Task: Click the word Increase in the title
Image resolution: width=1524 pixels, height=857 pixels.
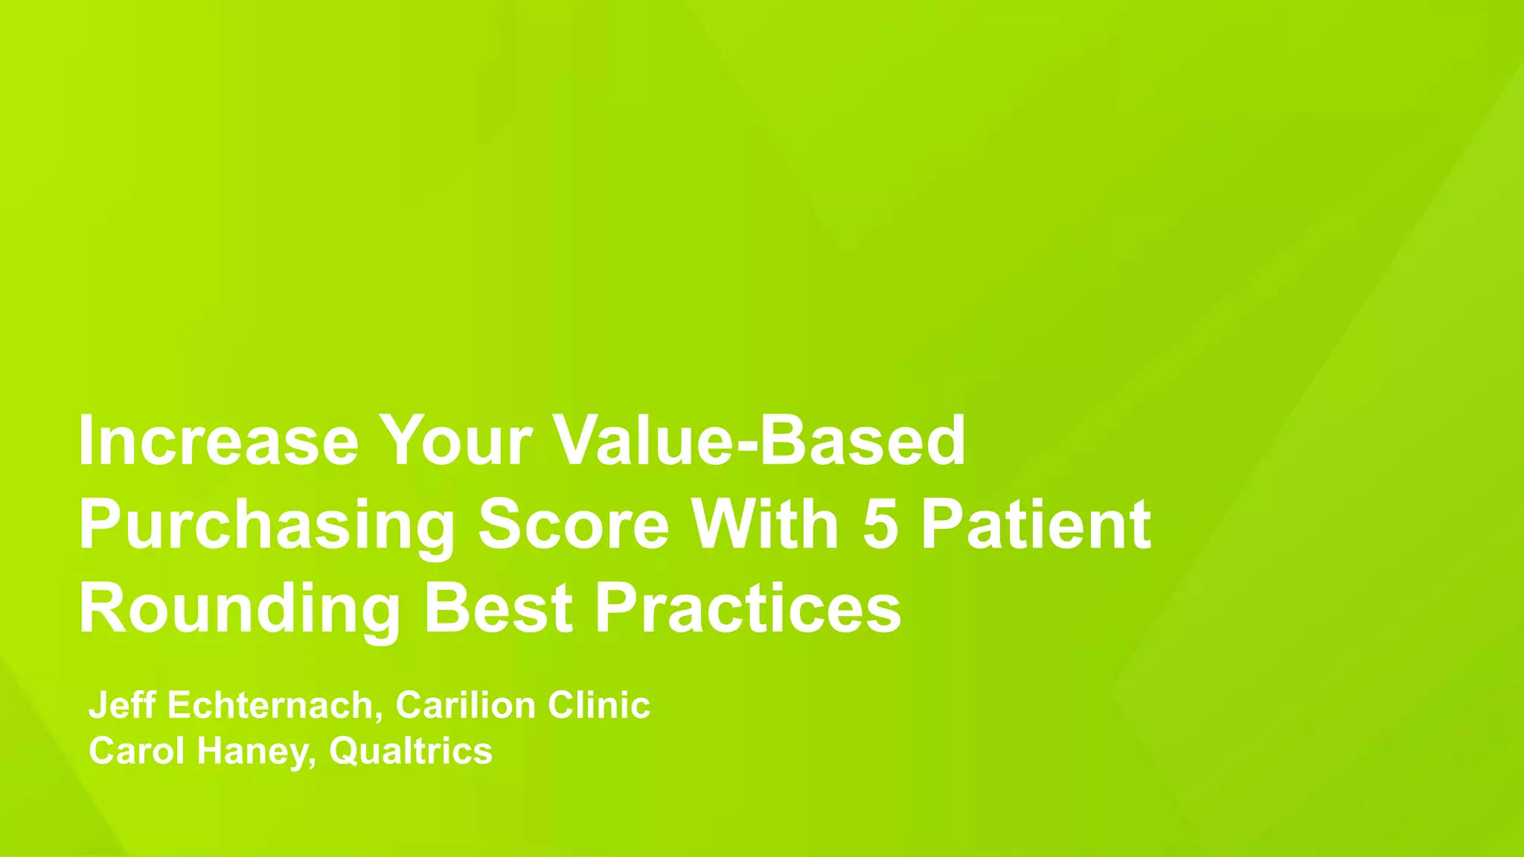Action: point(218,440)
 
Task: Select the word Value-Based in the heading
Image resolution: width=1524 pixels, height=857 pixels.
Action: point(761,440)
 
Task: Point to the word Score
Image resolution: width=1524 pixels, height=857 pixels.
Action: point(574,525)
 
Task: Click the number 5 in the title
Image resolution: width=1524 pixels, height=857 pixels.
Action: point(880,525)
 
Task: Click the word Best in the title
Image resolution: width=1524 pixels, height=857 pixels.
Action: point(498,609)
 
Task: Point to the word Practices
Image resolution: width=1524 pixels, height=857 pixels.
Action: point(748,609)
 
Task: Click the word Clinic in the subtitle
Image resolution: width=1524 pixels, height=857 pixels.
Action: point(599,704)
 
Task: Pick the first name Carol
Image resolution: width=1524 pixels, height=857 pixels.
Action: point(136,751)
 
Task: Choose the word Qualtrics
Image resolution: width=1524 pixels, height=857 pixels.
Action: point(411,751)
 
